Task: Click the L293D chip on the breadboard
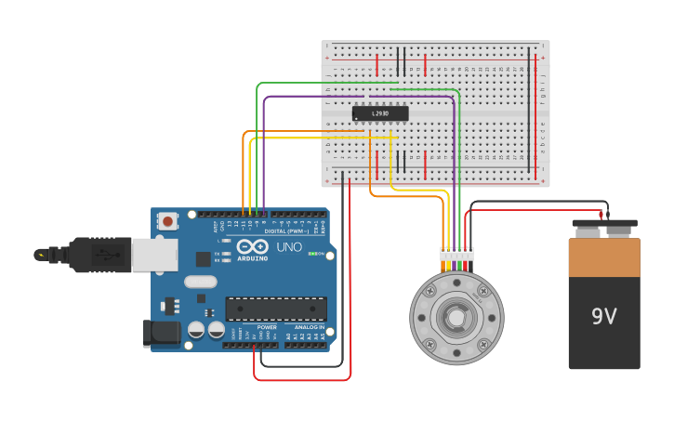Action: pyautogui.click(x=380, y=113)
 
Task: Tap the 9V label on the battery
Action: pyautogui.click(x=603, y=317)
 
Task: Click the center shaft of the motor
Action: pyautogui.click(x=456, y=318)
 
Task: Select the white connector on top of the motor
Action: pyautogui.click(x=456, y=255)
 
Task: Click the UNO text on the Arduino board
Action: pyautogui.click(x=289, y=247)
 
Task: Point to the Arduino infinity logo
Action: pyautogui.click(x=253, y=247)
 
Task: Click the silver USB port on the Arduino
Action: pyautogui.click(x=153, y=255)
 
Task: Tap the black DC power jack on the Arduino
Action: pyautogui.click(x=160, y=333)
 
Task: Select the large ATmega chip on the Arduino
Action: pyautogui.click(x=276, y=309)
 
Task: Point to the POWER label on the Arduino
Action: pyautogui.click(x=267, y=327)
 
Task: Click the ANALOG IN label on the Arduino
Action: pyautogui.click(x=310, y=327)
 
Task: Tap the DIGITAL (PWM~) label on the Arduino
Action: pyautogui.click(x=289, y=231)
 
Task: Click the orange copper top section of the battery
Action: pyautogui.click(x=604, y=257)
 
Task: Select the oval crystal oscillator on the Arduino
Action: pyautogui.click(x=200, y=282)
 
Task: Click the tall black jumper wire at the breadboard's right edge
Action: pyautogui.click(x=530, y=112)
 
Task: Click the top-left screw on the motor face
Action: pyautogui.click(x=429, y=291)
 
